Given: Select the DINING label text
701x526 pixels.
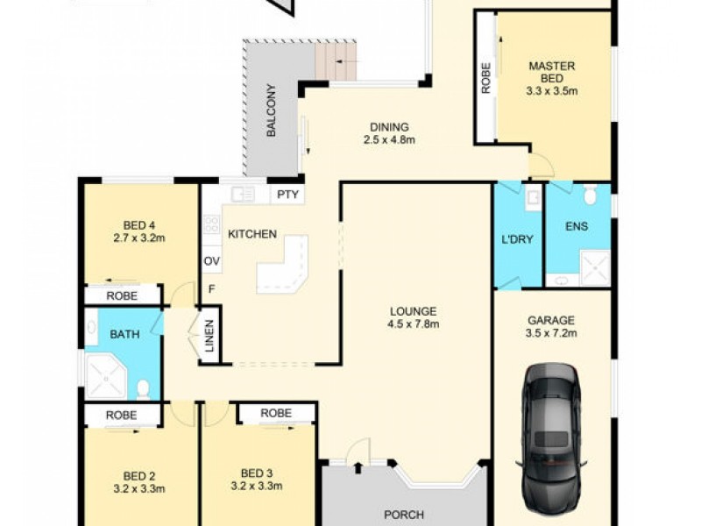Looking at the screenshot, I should click(x=388, y=126).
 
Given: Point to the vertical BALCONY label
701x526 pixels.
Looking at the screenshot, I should click(x=272, y=109).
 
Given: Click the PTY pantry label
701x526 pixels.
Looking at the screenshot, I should click(x=287, y=195).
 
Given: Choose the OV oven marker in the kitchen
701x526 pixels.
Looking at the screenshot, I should click(x=211, y=261).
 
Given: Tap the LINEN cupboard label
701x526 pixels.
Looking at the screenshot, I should click(x=209, y=336).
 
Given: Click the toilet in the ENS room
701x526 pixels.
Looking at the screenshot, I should click(x=589, y=195).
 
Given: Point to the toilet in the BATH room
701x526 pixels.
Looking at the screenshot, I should click(x=143, y=387).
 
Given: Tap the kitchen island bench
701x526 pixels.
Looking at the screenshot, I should click(x=282, y=267).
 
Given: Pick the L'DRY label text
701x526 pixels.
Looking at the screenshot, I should click(x=518, y=238).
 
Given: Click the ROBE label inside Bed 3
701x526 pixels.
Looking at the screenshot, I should click(x=276, y=412).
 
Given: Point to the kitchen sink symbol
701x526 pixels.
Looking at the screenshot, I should click(x=243, y=195).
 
